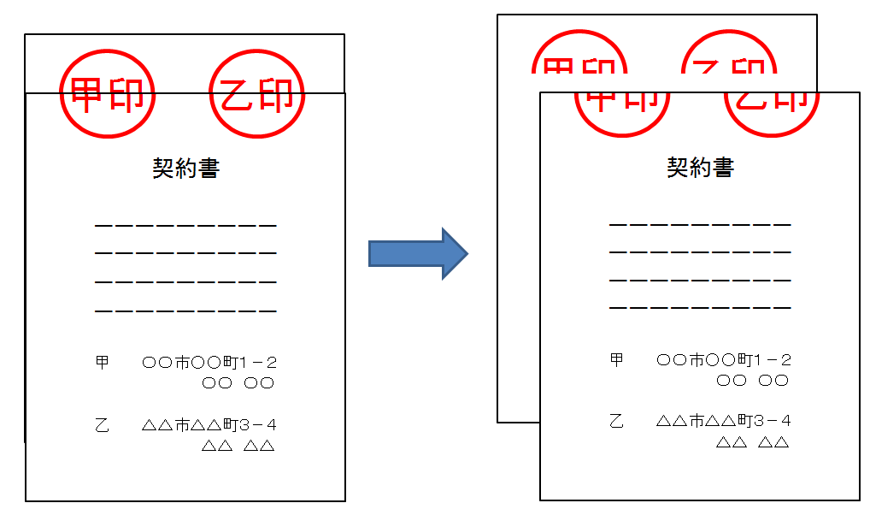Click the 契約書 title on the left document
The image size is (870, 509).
point(185,169)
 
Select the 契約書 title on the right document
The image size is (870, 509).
point(700,167)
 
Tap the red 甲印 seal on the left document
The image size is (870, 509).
point(108,94)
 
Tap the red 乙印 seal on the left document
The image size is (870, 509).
point(257,94)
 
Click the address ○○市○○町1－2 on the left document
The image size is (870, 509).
point(209,363)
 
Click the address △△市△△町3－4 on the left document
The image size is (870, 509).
point(209,425)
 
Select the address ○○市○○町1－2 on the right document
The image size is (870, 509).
point(724,360)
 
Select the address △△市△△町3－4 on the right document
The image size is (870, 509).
point(724,422)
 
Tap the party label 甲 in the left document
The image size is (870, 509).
point(103,363)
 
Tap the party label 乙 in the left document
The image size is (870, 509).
point(103,425)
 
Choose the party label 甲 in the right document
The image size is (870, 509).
point(617,360)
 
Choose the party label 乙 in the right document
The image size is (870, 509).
point(617,422)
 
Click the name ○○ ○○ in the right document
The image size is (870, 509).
point(752,381)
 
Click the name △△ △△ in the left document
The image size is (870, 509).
point(238,446)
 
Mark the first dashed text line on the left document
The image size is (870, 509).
point(185,226)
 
